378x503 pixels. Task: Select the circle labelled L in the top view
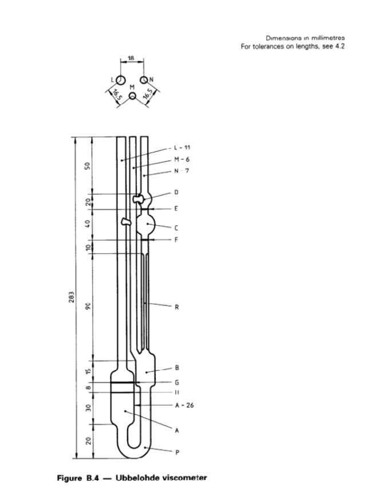click(121, 80)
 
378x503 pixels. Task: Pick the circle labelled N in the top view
click(144, 80)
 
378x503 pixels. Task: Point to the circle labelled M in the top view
click(133, 97)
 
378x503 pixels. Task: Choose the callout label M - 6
click(182, 160)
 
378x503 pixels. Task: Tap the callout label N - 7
click(182, 171)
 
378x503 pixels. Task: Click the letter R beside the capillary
click(177, 306)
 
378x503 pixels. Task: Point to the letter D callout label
click(176, 193)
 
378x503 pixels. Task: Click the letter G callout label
click(176, 382)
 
